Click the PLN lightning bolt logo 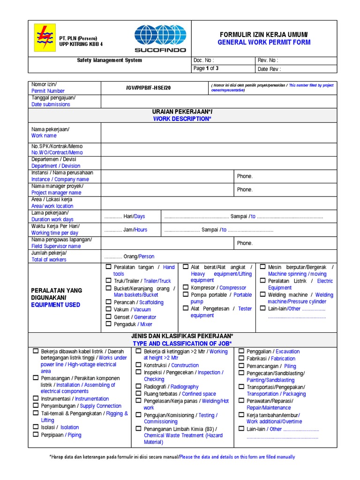pyautogui.click(x=45, y=38)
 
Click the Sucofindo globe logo pyautogui.click(x=160, y=38)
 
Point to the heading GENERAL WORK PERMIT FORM pyautogui.click(x=264, y=42)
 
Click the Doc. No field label pyautogui.click(x=203, y=60)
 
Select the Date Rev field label pyautogui.click(x=269, y=69)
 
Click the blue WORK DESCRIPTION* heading pyautogui.click(x=182, y=119)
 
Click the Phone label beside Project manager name pyautogui.click(x=245, y=190)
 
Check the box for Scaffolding pyautogui.click(x=109, y=302)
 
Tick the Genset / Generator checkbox pyautogui.click(x=109, y=317)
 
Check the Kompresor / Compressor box pyautogui.click(x=186, y=287)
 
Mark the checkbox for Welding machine pyautogui.click(x=262, y=295)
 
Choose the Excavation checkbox pyautogui.click(x=241, y=351)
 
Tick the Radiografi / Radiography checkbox pyautogui.click(x=139, y=387)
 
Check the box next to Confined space pyautogui.click(x=139, y=394)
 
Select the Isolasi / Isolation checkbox pyautogui.click(x=36, y=427)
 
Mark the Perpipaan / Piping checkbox pyautogui.click(x=36, y=435)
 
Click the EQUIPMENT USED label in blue pyautogui.click(x=56, y=305)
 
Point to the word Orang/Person pyautogui.click(x=138, y=256)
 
